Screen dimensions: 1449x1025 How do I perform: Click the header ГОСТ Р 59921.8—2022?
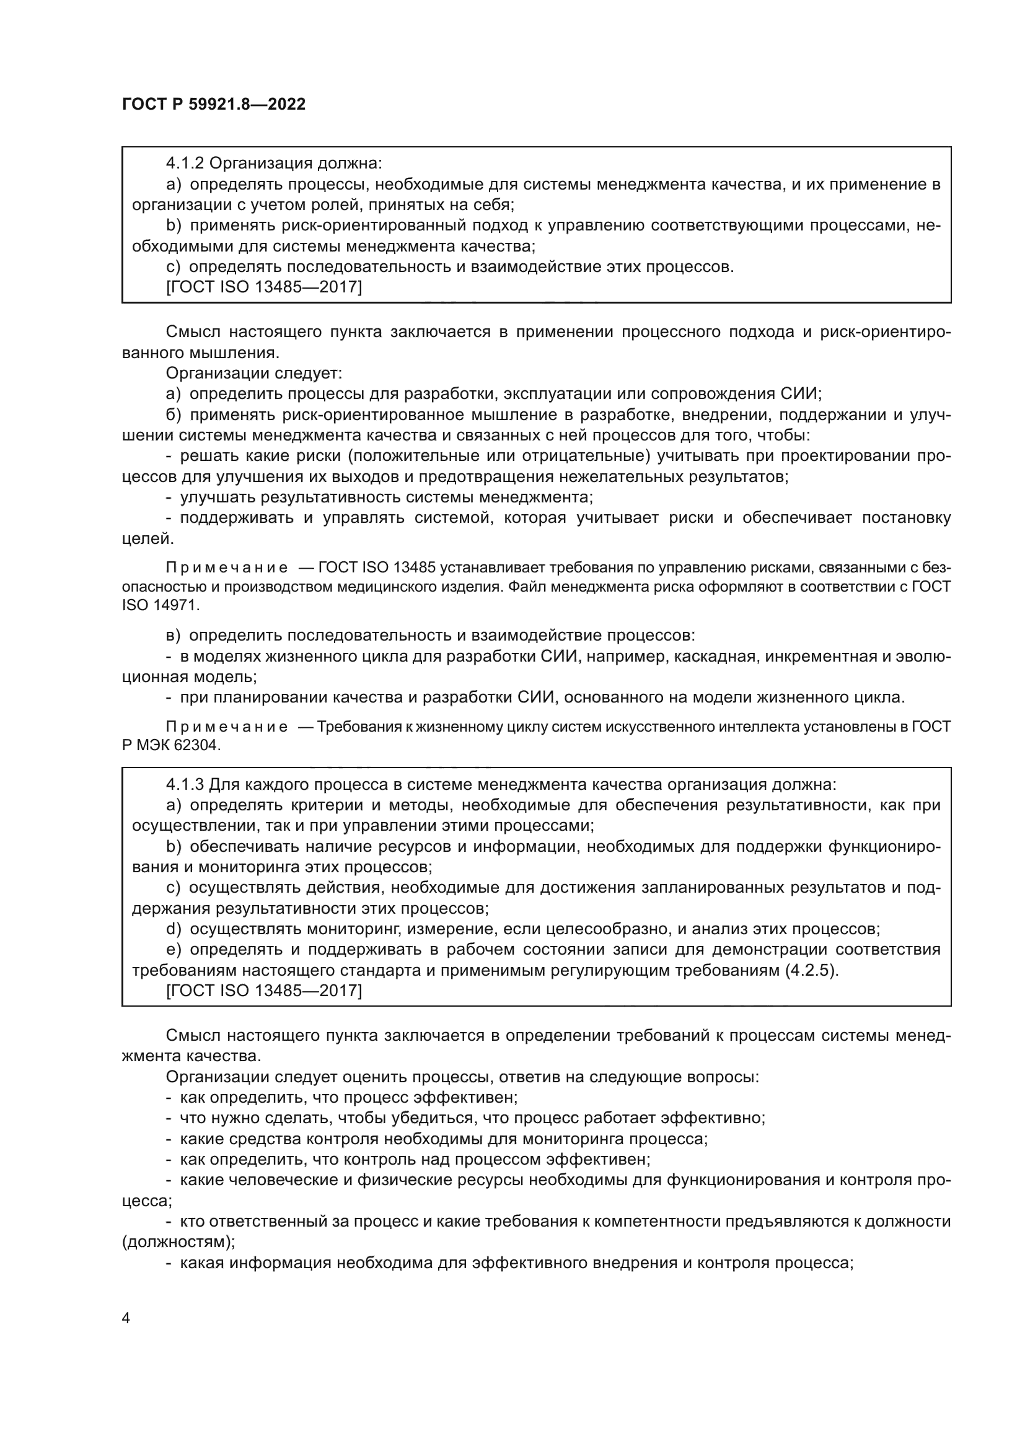[213, 104]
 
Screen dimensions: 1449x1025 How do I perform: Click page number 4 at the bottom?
[126, 1318]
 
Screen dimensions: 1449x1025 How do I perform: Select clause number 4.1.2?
[185, 164]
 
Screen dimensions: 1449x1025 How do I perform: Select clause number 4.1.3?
[185, 784]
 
